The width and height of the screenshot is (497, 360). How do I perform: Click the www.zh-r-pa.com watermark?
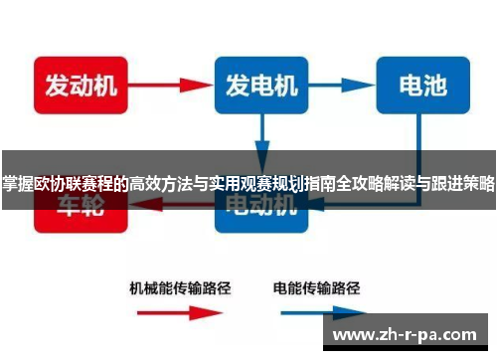410,336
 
